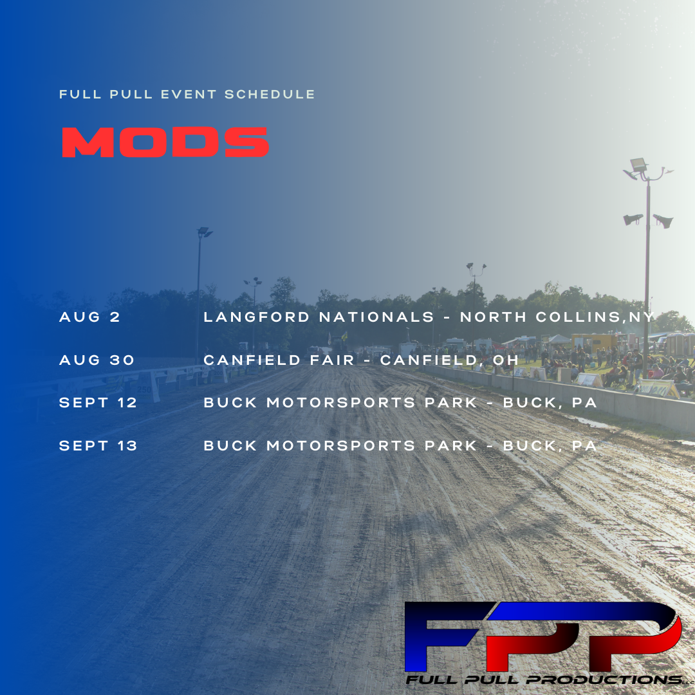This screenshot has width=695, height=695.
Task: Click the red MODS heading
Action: pyautogui.click(x=165, y=142)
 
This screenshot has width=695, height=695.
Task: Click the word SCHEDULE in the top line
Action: pyautogui.click(x=270, y=95)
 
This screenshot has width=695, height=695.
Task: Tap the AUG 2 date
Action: pyautogui.click(x=89, y=317)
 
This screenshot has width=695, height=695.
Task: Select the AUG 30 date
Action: pyautogui.click(x=97, y=360)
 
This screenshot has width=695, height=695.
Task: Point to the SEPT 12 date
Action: pyautogui.click(x=98, y=402)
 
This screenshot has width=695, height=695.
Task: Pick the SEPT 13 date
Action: pyautogui.click(x=98, y=445)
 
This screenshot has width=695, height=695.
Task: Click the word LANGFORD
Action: pyautogui.click(x=257, y=317)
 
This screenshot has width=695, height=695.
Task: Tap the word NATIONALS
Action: pyautogui.click(x=376, y=317)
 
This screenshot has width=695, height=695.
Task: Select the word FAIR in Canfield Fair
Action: pyautogui.click(x=333, y=360)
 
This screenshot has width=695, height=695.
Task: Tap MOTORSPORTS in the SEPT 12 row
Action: pyautogui.click(x=341, y=402)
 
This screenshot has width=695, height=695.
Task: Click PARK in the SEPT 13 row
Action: pyautogui.click(x=450, y=445)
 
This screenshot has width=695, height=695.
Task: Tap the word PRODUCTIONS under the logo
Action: pyautogui.click(x=604, y=680)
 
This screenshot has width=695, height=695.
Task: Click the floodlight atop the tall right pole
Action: pyautogui.click(x=639, y=165)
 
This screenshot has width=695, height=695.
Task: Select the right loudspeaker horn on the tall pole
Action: pyautogui.click(x=663, y=221)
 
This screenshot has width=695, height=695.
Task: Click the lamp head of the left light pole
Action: pyautogui.click(x=205, y=232)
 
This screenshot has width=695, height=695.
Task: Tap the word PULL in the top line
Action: pyautogui.click(x=131, y=95)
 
